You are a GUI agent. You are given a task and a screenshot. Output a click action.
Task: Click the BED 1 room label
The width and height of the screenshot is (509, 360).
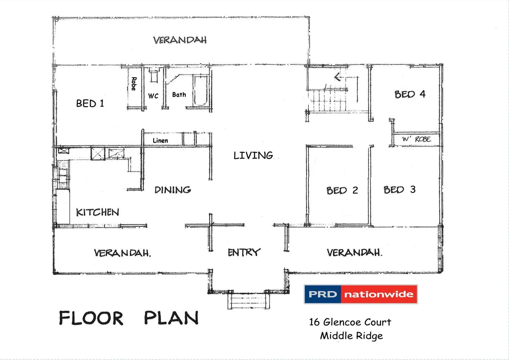90,103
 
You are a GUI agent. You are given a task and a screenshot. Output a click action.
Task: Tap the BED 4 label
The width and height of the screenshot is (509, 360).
410,94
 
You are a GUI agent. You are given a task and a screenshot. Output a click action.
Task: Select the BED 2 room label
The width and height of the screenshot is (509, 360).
342,190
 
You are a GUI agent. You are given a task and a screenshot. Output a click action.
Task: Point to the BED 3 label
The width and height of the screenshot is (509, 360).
399,190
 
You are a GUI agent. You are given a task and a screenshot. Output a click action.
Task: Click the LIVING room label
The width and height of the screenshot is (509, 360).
253,155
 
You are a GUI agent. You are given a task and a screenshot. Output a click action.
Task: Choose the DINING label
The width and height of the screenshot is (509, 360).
173,190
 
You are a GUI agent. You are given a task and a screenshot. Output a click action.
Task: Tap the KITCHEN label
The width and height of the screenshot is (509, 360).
97,212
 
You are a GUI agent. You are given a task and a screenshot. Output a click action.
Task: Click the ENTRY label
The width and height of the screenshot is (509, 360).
244,252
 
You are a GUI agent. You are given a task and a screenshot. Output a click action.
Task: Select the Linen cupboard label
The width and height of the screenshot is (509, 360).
160,141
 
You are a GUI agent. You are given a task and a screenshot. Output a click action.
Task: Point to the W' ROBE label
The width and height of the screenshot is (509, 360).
416,139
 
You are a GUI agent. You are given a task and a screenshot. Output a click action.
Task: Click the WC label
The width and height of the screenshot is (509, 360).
153,96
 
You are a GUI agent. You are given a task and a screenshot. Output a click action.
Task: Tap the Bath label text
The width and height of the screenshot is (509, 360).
179,95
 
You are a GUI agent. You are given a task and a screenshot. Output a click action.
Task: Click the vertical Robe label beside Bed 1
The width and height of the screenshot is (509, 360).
134,84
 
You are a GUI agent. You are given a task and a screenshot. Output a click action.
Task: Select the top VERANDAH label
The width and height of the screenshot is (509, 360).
180,40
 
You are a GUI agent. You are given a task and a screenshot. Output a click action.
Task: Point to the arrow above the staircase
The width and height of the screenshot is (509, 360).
338,77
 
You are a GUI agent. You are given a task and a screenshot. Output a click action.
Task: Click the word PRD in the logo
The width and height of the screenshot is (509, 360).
322,294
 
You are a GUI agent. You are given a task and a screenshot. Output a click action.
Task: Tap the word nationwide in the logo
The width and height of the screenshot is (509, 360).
379,294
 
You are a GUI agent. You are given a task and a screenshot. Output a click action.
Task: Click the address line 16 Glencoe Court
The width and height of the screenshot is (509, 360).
350,322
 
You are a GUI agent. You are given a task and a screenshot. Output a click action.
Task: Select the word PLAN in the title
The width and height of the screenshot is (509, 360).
171,318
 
